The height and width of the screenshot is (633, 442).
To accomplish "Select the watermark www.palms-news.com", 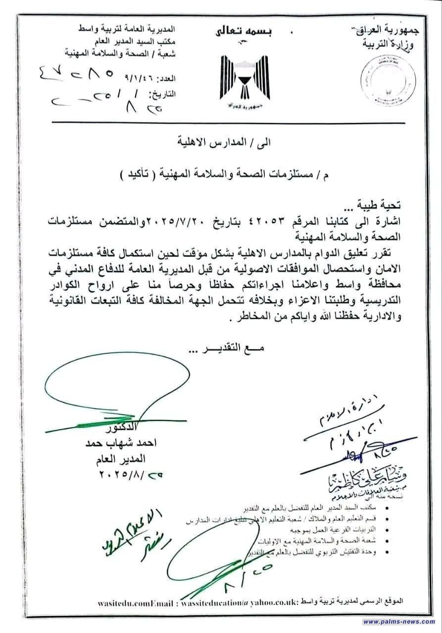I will tap(398, 622).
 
